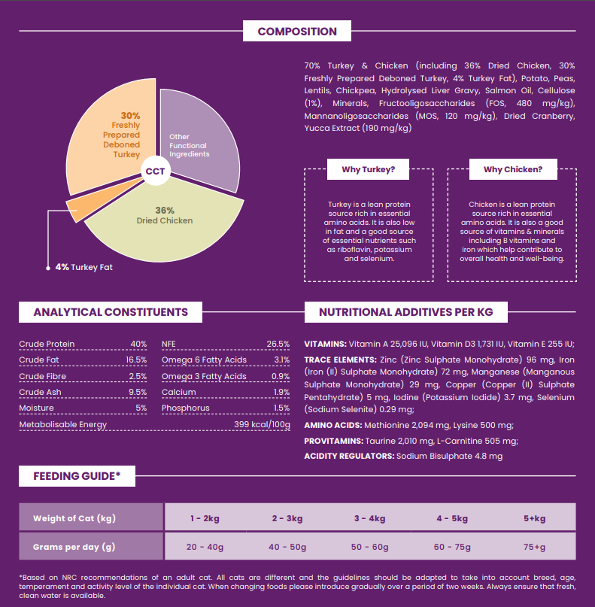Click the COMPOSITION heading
(297, 32)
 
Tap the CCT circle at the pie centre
(156, 171)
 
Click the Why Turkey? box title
(369, 169)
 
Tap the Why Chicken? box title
(512, 169)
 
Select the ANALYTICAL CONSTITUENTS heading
(111, 312)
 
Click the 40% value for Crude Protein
(138, 344)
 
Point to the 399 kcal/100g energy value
(262, 424)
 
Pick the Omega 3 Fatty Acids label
(204, 376)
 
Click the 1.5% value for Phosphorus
(281, 408)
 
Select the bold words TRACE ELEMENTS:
(340, 360)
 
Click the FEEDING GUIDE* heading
(77, 475)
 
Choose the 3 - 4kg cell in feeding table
(369, 518)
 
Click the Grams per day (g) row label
(74, 547)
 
